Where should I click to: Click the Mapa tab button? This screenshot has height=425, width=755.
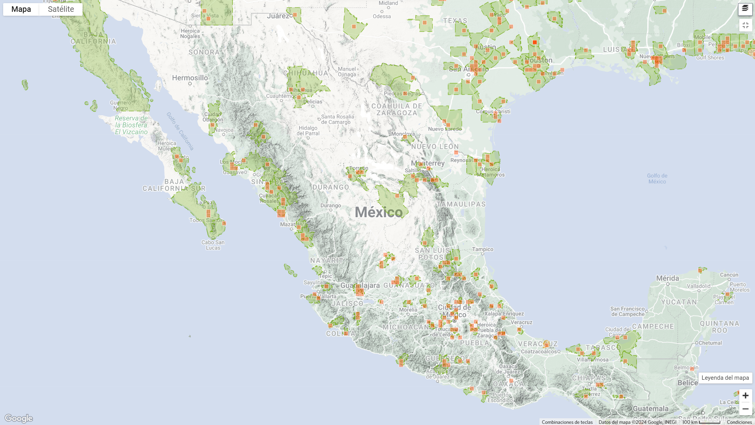pos(21,9)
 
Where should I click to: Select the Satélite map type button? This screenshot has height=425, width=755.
pos(61,9)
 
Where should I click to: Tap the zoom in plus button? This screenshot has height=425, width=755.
pos(745,395)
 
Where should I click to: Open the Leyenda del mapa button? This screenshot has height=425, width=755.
pos(725,378)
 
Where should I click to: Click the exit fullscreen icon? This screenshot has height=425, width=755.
pos(745,25)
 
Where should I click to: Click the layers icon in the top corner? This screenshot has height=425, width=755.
pos(745,9)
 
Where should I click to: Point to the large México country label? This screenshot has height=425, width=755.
pos(378,213)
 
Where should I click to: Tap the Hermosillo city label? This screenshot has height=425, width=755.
pos(190,78)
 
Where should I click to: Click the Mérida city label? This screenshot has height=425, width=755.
pos(667,278)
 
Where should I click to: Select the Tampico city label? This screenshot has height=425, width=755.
pos(482,249)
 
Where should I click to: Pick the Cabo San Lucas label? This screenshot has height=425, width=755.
pos(213,245)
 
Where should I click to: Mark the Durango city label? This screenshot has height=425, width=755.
pos(331,205)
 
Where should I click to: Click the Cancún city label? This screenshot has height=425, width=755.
pos(729,275)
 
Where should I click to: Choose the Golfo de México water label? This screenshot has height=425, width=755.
pos(657,179)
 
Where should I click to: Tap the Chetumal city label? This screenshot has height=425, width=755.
pos(710,343)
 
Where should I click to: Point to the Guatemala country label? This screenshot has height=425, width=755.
pos(650,408)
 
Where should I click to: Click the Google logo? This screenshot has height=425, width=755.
pos(18,418)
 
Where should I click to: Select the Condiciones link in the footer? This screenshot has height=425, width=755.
pos(739,422)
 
